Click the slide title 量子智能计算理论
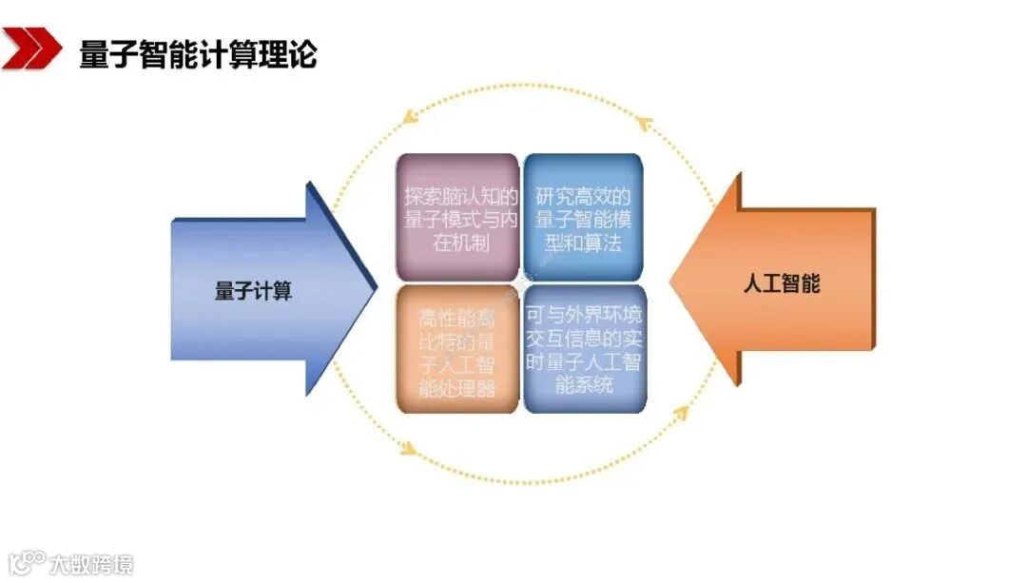pyautogui.click(x=198, y=53)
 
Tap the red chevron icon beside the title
pyautogui.click(x=29, y=49)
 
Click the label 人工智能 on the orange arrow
pyautogui.click(x=781, y=282)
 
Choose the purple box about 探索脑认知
pyautogui.click(x=457, y=217)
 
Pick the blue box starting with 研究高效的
pyautogui.click(x=583, y=217)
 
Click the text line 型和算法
pyautogui.click(x=583, y=243)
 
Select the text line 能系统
pyautogui.click(x=583, y=385)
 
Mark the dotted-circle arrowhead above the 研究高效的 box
pyautogui.click(x=645, y=121)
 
